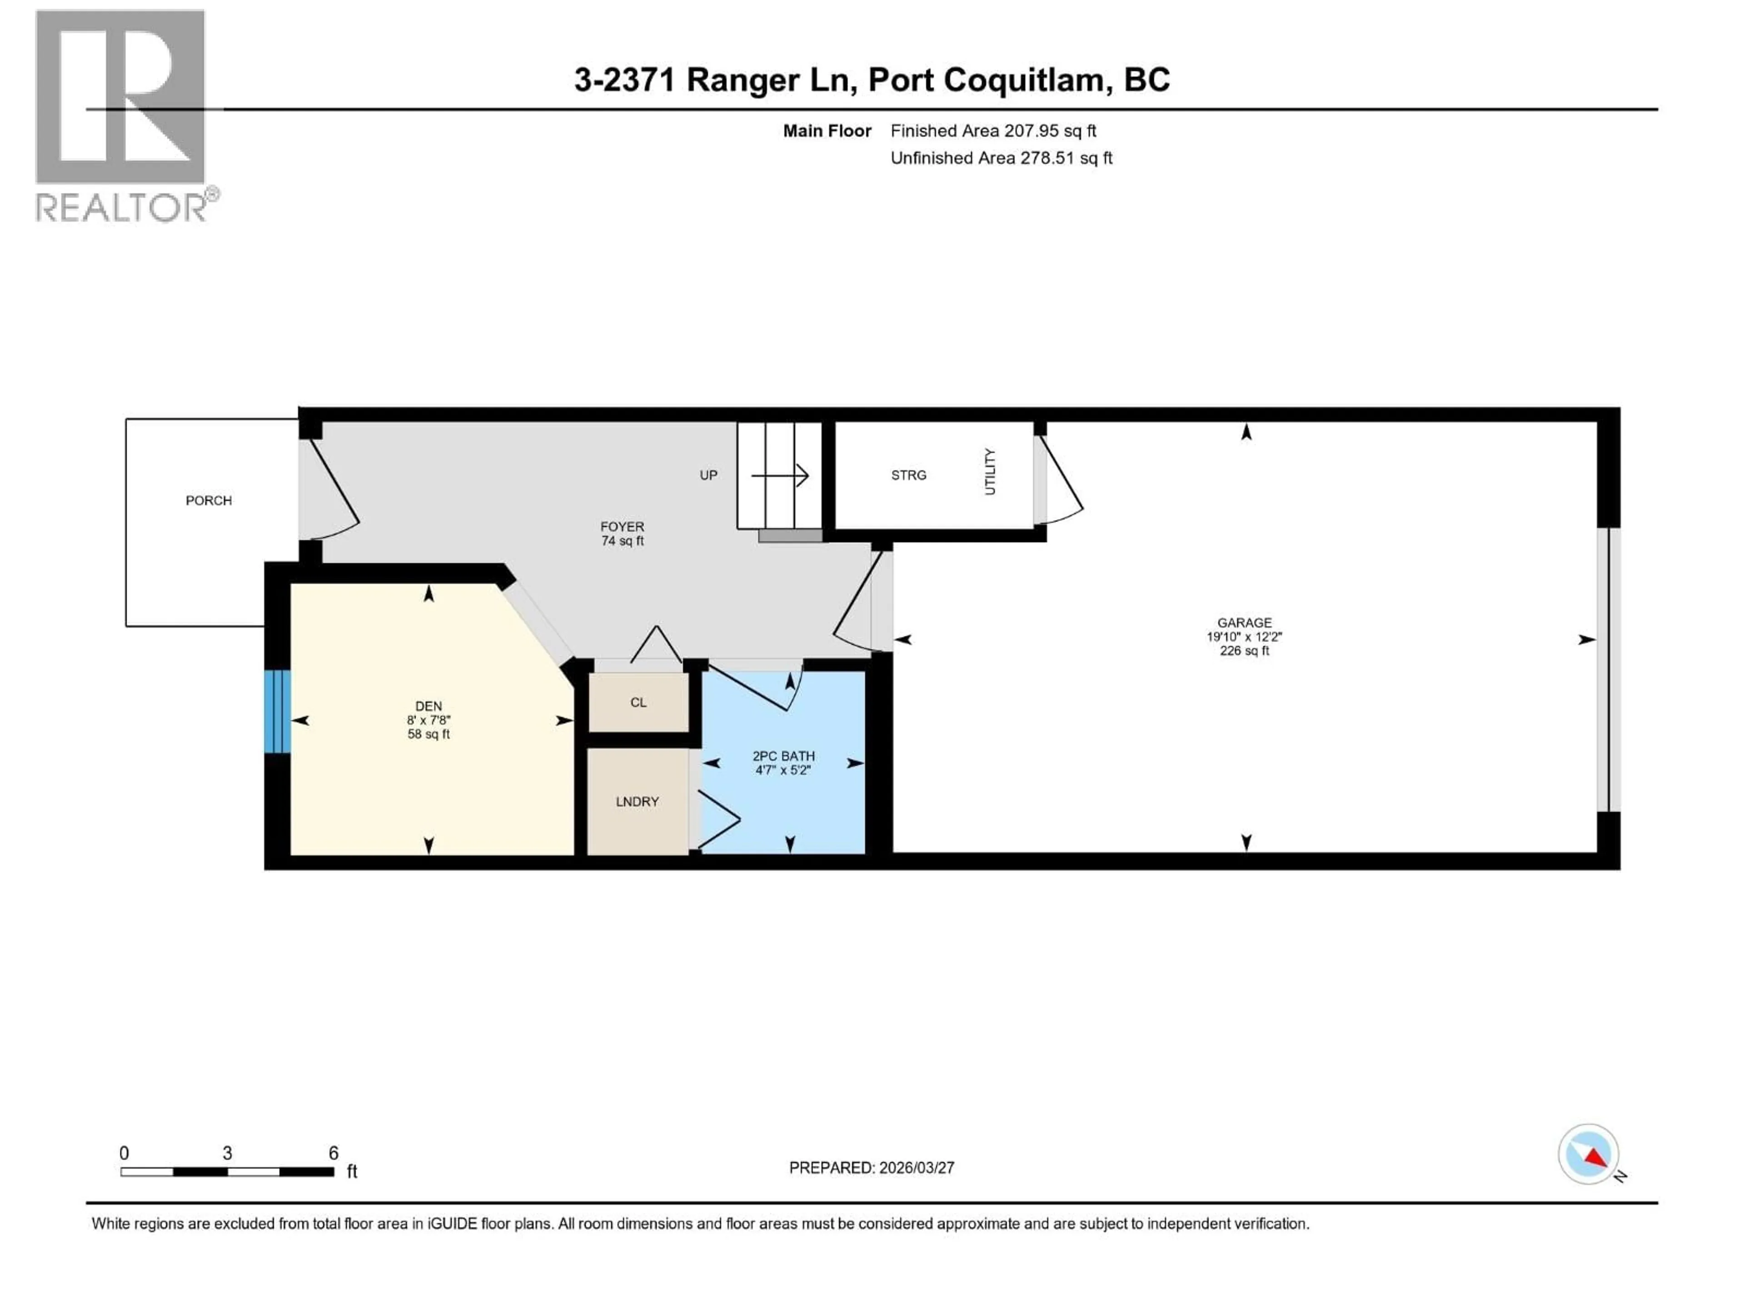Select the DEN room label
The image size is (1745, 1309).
point(429,706)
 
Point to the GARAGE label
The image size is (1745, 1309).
point(1244,623)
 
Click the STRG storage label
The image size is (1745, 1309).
point(908,475)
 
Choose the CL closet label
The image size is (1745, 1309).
point(638,702)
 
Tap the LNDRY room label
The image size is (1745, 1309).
point(637,802)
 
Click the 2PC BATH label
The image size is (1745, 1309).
point(783,756)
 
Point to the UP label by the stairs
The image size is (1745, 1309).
point(708,475)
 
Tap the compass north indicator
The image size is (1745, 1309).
point(1588,1154)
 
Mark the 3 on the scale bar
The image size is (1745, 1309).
point(227,1153)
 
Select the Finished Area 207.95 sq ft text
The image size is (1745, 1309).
point(993,131)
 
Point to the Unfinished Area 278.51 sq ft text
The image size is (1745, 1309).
point(1001,158)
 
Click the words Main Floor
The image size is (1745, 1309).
point(827,131)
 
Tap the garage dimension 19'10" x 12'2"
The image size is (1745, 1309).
point(1244,637)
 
